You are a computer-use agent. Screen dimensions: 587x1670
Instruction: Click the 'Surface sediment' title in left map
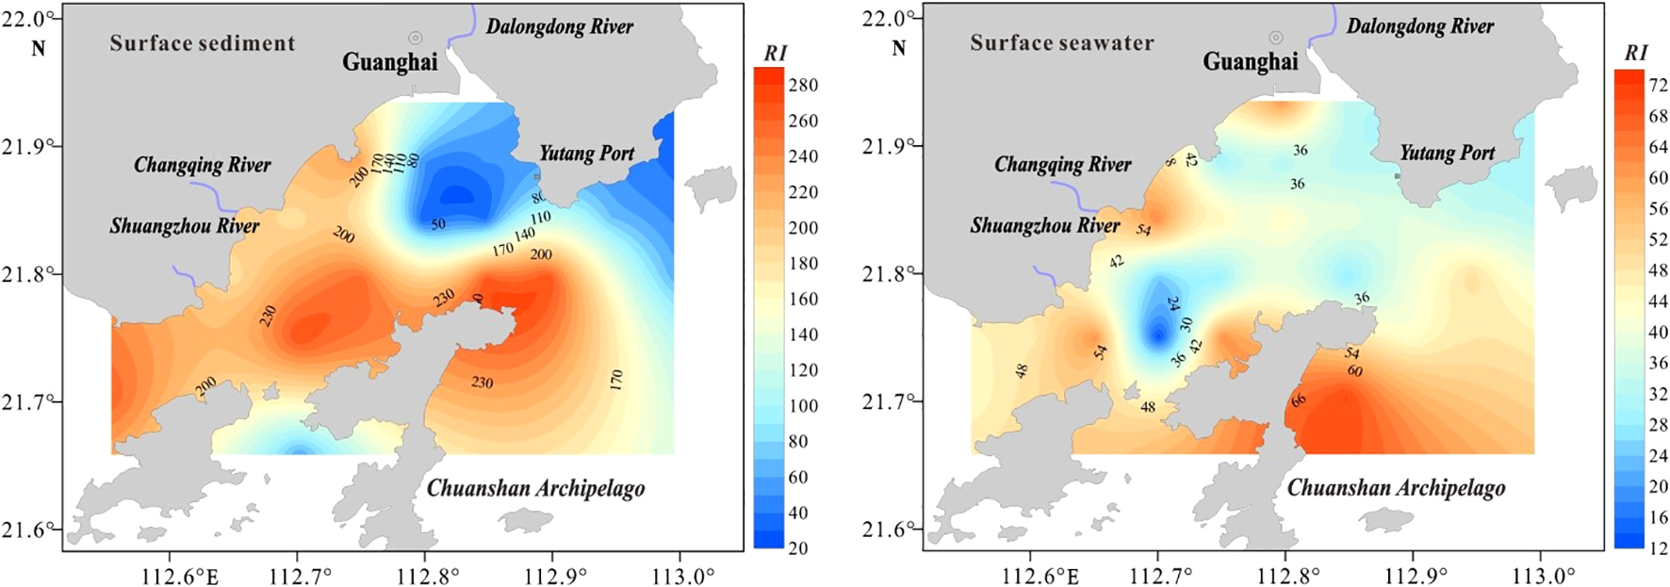click(202, 43)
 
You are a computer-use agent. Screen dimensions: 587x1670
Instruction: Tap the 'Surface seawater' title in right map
click(1062, 43)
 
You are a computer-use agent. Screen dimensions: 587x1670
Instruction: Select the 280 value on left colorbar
click(802, 85)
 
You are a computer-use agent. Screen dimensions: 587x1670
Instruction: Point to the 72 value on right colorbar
click(1659, 85)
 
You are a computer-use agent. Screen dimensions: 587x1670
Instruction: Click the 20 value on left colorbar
click(798, 547)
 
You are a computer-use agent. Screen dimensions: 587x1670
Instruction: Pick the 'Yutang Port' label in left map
click(586, 154)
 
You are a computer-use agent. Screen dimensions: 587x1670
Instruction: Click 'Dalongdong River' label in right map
click(1419, 26)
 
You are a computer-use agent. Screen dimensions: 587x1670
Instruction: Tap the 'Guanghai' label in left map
click(389, 63)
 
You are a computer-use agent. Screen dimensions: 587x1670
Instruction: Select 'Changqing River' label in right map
click(1062, 165)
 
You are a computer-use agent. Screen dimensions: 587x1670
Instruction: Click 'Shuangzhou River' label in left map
click(185, 226)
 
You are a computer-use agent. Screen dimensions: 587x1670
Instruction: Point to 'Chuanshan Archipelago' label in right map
click(1396, 488)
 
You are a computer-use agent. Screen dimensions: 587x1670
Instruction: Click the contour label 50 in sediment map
click(438, 224)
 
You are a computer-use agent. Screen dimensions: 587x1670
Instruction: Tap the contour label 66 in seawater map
click(1299, 400)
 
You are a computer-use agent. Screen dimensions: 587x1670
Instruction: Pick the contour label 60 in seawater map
click(1354, 371)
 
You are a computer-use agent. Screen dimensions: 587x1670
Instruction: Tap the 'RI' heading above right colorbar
click(1635, 54)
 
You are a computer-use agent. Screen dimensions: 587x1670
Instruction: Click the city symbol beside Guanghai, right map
click(1275, 38)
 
